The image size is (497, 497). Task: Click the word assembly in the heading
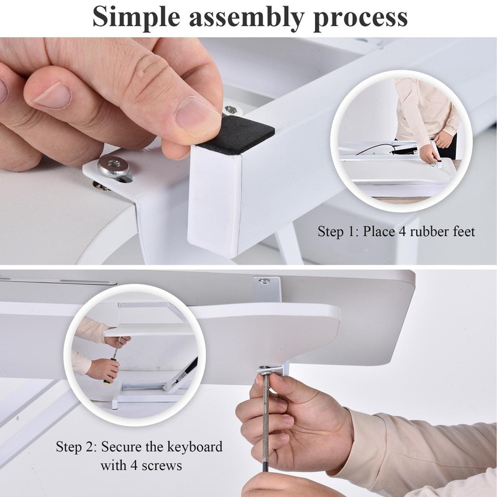[247, 18]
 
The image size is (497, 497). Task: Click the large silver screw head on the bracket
[113, 166]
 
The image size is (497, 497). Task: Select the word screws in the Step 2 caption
[162, 466]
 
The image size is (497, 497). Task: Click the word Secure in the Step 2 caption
[121, 447]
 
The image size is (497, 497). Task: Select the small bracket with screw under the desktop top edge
[267, 288]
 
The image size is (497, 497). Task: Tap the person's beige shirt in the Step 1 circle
[425, 111]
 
